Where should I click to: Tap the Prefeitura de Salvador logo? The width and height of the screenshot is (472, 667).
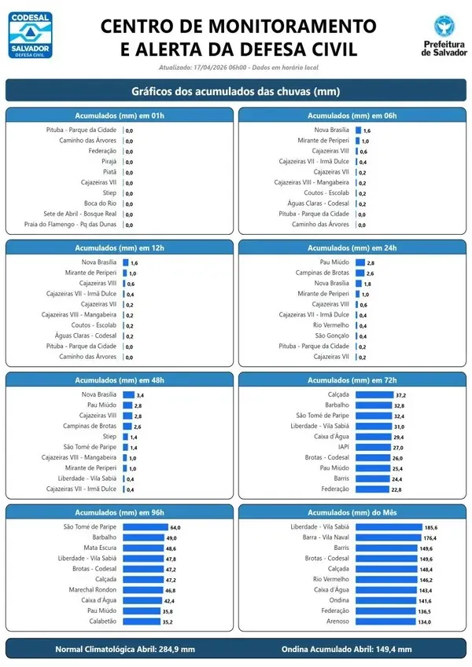click(x=442, y=37)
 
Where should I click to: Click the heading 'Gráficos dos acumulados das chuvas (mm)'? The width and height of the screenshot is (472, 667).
click(x=236, y=91)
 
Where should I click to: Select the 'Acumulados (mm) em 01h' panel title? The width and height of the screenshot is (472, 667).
click(x=120, y=115)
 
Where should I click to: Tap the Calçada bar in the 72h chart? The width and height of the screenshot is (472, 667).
click(x=374, y=394)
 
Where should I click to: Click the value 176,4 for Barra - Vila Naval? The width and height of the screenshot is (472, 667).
click(x=431, y=537)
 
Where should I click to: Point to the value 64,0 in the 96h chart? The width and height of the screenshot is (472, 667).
click(x=175, y=527)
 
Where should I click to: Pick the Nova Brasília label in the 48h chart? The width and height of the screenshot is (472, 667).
click(x=99, y=394)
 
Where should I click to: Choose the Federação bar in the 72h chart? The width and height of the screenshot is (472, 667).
click(x=367, y=489)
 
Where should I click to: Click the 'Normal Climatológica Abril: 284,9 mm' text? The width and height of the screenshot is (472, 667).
click(x=124, y=649)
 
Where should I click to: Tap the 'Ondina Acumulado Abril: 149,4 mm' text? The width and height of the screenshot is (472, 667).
click(x=346, y=649)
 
